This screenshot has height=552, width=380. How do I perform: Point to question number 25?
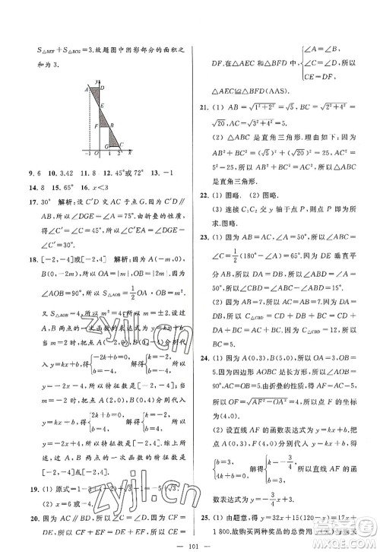[201, 507]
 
